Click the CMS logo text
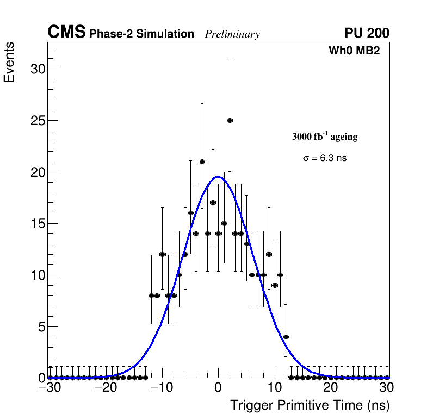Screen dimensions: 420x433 (66, 33)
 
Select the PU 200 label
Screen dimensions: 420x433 (367, 33)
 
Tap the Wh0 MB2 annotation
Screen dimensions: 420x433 (354, 51)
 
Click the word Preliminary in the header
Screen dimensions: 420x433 (232, 34)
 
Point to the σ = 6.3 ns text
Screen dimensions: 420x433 (325, 158)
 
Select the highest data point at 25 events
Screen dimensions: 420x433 (230, 120)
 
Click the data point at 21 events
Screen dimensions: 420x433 (202, 162)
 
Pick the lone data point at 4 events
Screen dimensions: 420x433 (286, 337)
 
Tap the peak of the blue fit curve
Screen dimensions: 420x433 (218, 177)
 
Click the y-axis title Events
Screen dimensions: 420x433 (9, 62)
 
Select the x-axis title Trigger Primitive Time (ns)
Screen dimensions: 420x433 (310, 405)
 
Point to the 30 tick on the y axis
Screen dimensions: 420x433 (37, 69)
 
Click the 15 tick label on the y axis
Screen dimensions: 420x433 (37, 224)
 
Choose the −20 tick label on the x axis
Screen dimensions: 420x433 (104, 388)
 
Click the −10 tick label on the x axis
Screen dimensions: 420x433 (160, 388)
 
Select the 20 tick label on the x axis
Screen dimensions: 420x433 (330, 388)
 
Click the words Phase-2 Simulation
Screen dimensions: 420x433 (141, 34)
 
